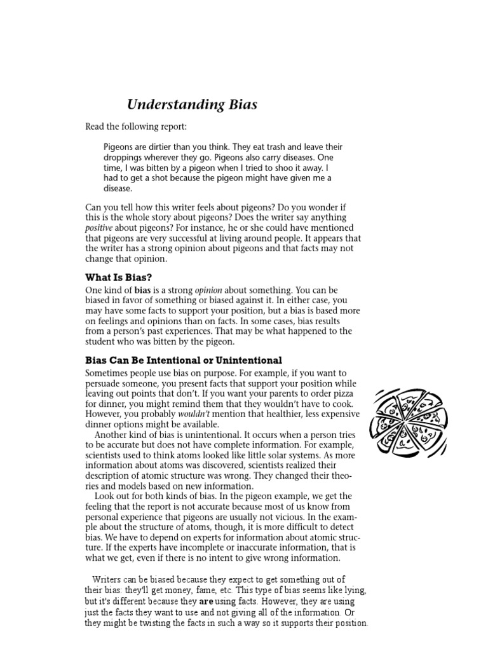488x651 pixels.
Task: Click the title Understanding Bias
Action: [x=192, y=105]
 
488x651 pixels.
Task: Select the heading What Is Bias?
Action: [x=118, y=277]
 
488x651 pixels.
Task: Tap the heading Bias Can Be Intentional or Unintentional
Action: [x=184, y=360]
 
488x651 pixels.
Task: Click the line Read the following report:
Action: [x=137, y=127]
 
